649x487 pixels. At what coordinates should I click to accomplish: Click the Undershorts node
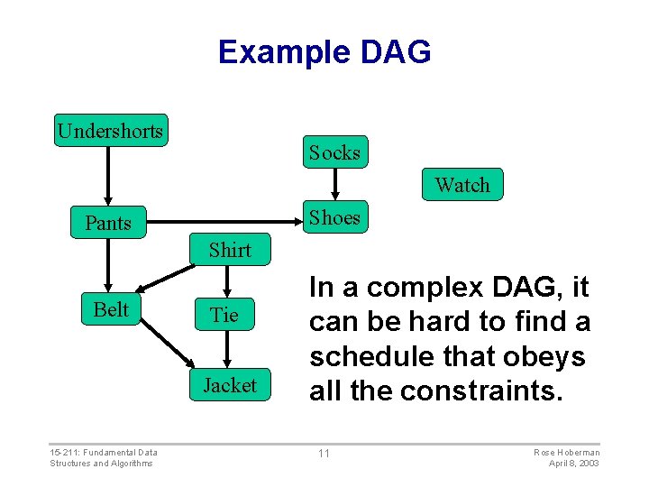[x=110, y=131]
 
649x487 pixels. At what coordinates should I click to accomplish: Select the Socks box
[x=334, y=152]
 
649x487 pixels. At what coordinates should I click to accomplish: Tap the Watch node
[x=462, y=185]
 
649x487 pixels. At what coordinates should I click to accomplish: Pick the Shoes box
[x=334, y=217]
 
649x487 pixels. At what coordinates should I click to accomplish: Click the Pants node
[x=108, y=223]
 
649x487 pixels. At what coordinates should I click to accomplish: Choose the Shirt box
[x=230, y=250]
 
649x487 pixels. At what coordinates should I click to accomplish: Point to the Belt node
[x=111, y=309]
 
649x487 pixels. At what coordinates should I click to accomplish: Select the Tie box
[x=224, y=315]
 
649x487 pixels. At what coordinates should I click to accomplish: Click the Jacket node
[x=229, y=385]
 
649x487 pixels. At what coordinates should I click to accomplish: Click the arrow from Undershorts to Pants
[x=108, y=176]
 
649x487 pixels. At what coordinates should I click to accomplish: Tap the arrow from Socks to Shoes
[x=334, y=185]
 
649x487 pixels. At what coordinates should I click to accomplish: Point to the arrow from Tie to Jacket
[x=226, y=349]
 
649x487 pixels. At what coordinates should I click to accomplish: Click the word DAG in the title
[x=395, y=51]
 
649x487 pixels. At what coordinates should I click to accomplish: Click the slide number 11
[x=324, y=453]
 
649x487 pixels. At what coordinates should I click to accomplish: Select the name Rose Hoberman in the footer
[x=567, y=452]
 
